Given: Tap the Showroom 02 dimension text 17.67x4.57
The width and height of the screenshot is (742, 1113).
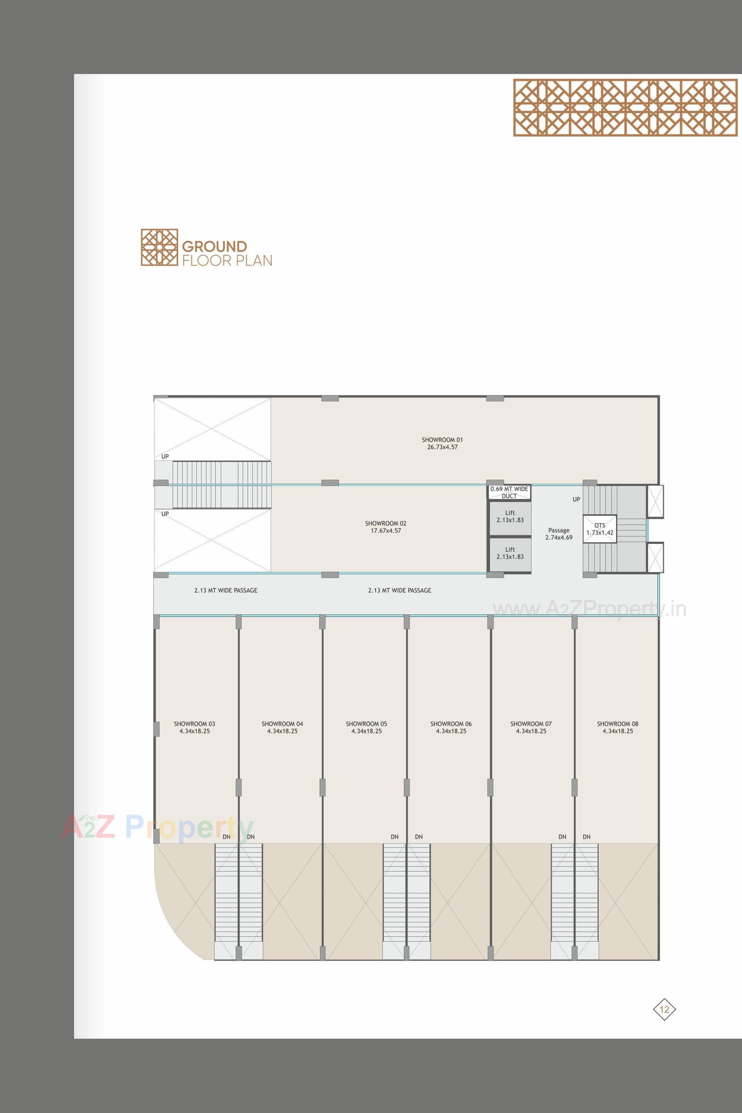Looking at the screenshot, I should click(386, 531).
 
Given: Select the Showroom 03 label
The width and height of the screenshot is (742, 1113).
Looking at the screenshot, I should click(194, 737).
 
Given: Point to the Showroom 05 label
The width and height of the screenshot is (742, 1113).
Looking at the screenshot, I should click(366, 737).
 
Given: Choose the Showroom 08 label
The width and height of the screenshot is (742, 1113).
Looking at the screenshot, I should click(617, 737).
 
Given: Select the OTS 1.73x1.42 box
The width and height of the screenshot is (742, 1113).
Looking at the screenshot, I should click(599, 529).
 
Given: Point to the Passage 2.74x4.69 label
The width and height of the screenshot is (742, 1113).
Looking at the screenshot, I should click(559, 534).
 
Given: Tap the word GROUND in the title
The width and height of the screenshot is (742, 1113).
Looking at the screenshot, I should click(214, 246).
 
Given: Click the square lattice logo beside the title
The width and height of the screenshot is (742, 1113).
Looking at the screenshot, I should click(160, 247).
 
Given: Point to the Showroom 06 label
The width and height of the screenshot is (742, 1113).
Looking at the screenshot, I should click(451, 737).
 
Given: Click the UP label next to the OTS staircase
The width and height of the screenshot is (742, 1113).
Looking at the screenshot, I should click(576, 500).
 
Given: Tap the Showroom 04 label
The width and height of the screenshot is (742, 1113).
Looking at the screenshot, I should click(282, 737).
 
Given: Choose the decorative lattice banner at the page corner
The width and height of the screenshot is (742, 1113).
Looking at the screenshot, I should click(625, 107).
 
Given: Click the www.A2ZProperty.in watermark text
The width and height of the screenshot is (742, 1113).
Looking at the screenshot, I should click(589, 609).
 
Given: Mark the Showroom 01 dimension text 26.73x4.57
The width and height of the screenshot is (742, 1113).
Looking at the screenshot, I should click(442, 447).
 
